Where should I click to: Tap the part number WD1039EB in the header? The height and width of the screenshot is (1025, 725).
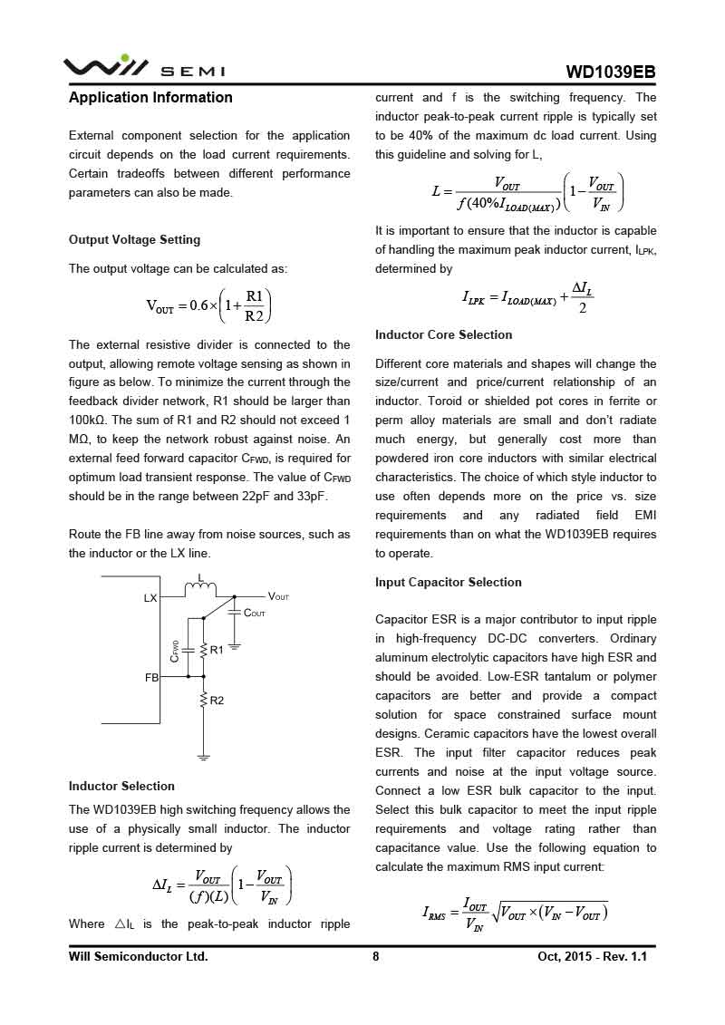[x=610, y=73]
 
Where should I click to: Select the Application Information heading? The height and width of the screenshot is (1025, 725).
[x=150, y=98]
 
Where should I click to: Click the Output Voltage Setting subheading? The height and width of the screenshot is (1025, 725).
[x=134, y=240]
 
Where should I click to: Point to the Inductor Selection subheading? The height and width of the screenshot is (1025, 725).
[x=121, y=786]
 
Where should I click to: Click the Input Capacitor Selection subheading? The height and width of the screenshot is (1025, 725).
[x=448, y=582]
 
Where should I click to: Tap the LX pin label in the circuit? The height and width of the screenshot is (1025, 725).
[x=150, y=598]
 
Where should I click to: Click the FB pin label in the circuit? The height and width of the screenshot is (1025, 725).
[x=151, y=677]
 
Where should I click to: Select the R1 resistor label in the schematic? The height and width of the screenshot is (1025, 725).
[x=217, y=650]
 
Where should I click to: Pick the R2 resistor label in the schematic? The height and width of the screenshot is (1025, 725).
[x=217, y=701]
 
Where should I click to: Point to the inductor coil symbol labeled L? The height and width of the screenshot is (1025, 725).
[x=200, y=591]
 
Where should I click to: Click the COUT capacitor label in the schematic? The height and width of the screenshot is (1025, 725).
[x=255, y=614]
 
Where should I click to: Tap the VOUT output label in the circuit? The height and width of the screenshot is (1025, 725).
[x=278, y=596]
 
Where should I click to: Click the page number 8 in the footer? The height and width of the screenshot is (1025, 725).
[x=375, y=956]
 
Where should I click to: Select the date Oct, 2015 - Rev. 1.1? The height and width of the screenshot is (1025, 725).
[x=593, y=956]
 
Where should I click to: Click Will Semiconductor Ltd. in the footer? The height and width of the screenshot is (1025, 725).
[x=138, y=956]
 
